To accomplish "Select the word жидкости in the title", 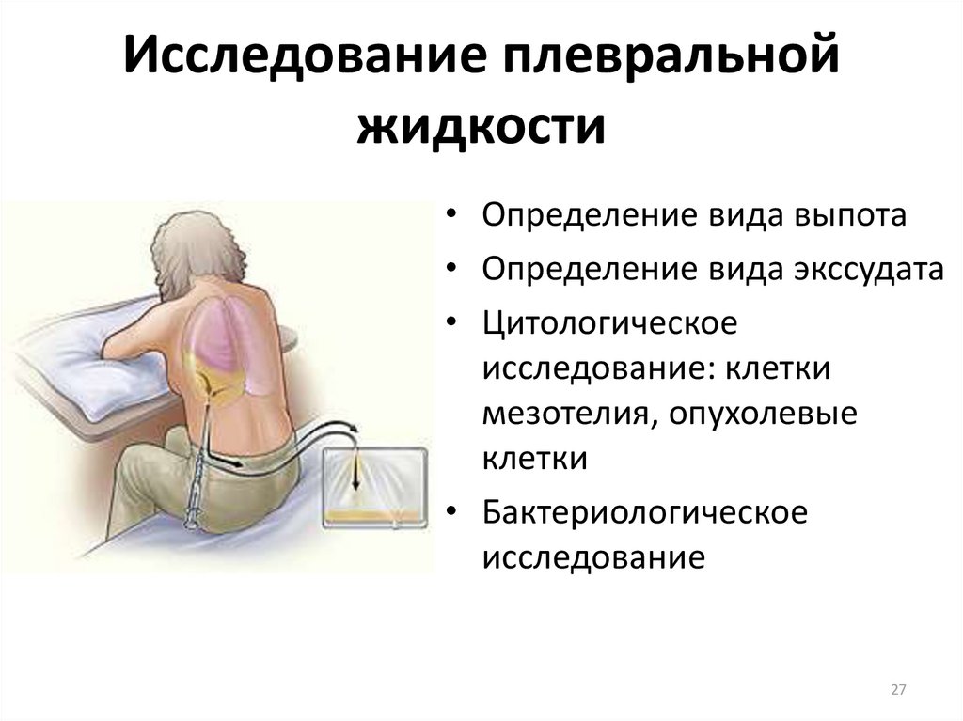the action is click(481, 127).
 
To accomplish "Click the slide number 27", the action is click(898, 690).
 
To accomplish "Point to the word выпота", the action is click(849, 215).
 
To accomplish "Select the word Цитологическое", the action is click(609, 323).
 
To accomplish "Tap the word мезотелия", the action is click(569, 415).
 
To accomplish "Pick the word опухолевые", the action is click(763, 415).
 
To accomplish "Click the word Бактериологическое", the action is click(645, 513).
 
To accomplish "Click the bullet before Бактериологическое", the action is click(452, 511).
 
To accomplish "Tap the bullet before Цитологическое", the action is click(452, 321).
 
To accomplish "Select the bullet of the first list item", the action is click(452, 214).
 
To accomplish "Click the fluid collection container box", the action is click(375, 488).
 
